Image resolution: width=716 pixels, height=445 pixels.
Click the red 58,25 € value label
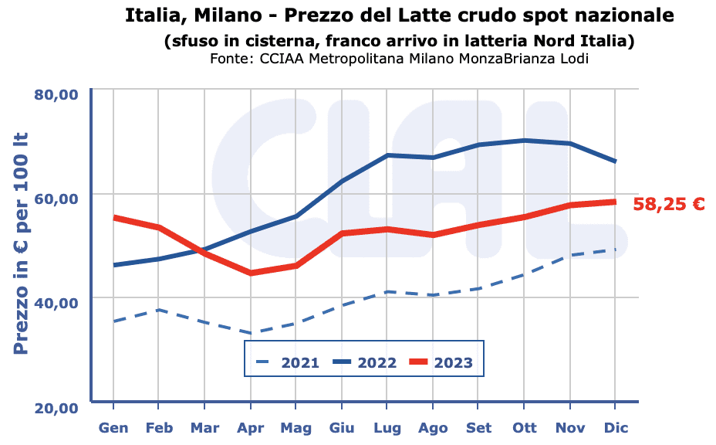[669, 205]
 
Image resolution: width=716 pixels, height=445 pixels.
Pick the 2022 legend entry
[363, 362]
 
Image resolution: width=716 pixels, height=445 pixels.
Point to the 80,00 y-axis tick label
[57, 95]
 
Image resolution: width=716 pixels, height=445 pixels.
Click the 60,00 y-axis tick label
[57, 199]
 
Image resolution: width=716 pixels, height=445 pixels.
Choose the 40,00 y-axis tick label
[57, 302]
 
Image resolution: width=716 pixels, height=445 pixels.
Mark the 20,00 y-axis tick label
[57, 407]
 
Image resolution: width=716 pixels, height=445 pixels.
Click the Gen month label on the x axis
[113, 427]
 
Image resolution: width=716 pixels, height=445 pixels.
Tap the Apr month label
[251, 427]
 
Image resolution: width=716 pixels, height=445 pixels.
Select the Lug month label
[387, 427]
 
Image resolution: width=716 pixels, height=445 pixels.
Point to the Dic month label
[615, 427]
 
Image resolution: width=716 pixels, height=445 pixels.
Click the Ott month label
[524, 427]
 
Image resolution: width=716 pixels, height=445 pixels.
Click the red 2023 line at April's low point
[251, 273]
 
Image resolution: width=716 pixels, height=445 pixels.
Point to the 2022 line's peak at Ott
[524, 141]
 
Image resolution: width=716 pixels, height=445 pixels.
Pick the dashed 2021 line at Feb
[158, 310]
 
